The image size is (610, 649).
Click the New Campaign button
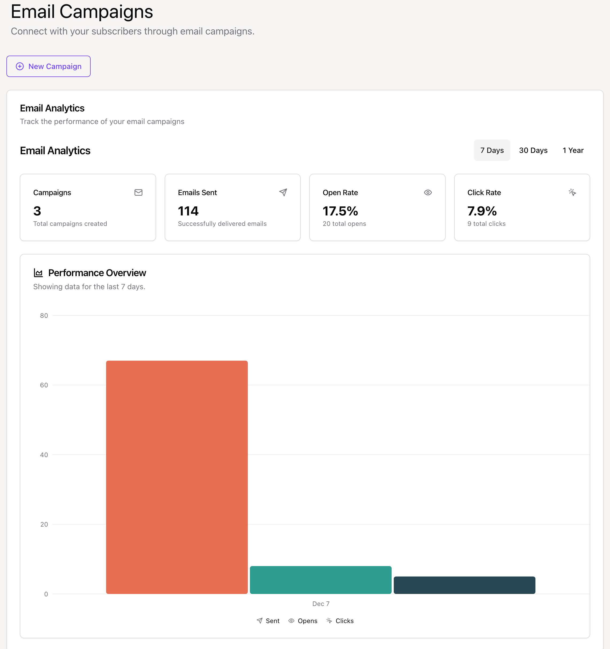coord(48,66)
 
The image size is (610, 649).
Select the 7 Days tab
coord(492,150)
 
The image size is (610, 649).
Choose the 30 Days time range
coord(533,150)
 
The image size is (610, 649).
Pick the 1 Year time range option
coord(573,150)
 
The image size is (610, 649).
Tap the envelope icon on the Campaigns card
coord(138,192)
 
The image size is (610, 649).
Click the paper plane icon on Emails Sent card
coord(283,192)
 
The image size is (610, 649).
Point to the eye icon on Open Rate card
coord(428,192)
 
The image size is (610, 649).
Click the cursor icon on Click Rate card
coord(572,192)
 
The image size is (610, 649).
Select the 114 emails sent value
coord(188,211)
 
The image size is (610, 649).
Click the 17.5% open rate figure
coord(340,211)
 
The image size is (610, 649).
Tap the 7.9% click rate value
coord(482,211)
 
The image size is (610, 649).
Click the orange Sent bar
coord(177,477)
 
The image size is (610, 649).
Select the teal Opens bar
coord(320,580)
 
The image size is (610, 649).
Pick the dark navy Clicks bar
coord(464,585)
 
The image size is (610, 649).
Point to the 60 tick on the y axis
coord(44,385)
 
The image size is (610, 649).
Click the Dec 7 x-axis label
coord(321,604)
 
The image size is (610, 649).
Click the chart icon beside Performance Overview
coord(38,273)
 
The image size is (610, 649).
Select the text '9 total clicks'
coord(486,224)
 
